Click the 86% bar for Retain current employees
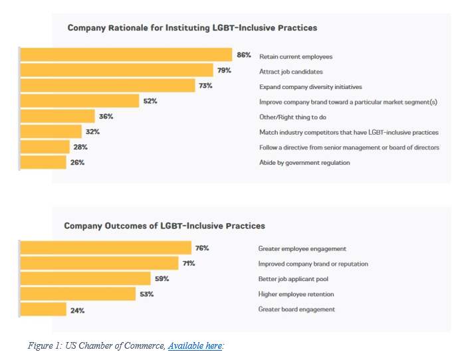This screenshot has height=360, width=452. [126, 55]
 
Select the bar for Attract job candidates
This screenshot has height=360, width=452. [116, 70]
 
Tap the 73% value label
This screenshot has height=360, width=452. [205, 86]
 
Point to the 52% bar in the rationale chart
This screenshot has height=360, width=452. [80, 101]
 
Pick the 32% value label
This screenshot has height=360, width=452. [92, 132]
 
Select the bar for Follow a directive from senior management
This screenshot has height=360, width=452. [45, 147]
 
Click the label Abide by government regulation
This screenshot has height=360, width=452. [304, 163]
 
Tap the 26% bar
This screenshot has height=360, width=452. [43, 162]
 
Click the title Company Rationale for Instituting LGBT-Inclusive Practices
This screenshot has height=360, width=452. [192, 28]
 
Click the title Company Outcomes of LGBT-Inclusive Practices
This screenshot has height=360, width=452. [164, 226]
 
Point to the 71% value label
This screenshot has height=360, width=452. [189, 264]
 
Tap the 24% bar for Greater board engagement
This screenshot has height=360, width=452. [43, 310]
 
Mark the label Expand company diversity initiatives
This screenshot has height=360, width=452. [310, 87]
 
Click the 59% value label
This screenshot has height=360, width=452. [162, 279]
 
